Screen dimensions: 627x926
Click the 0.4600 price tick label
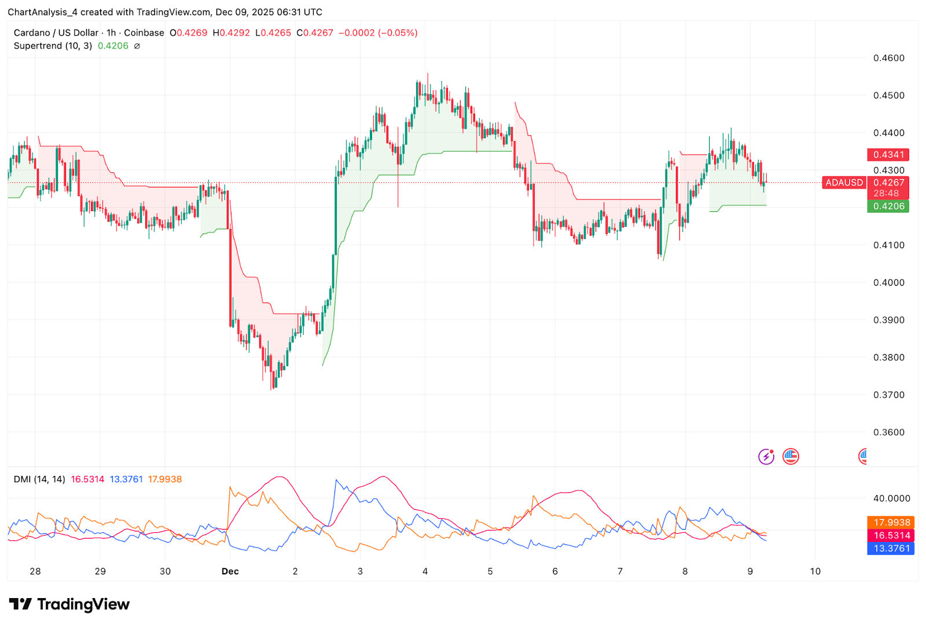click(888, 58)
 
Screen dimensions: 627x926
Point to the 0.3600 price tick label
click(888, 432)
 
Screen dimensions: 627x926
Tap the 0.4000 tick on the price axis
click(888, 282)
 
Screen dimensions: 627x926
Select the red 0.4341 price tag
click(888, 154)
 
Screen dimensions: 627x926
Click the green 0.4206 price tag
click(888, 206)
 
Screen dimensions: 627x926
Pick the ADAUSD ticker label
click(844, 183)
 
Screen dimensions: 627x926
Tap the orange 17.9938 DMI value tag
click(891, 522)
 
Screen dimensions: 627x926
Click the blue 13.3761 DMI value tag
click(891, 548)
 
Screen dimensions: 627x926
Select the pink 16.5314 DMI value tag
click(891, 536)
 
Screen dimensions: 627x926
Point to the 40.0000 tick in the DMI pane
click(891, 498)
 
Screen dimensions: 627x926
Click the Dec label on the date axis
click(230, 571)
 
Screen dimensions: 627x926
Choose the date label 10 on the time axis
click(815, 571)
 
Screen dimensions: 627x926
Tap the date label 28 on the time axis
click(35, 571)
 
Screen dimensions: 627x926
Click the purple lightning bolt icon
click(766, 456)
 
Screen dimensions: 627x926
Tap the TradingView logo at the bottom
click(69, 604)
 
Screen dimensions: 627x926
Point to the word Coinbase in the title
click(144, 33)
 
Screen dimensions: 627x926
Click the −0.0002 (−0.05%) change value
click(377, 33)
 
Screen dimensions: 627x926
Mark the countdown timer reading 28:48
click(886, 193)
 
